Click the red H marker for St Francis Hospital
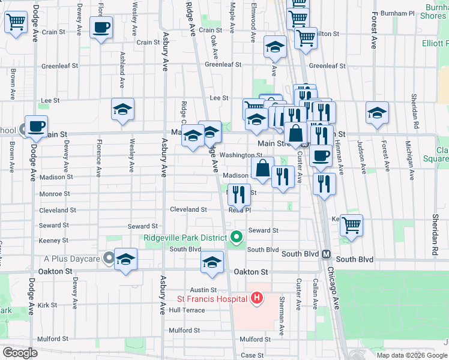pos(257,298)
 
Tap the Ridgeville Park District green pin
pos(237,237)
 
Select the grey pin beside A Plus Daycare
pos(109,259)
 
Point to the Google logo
pos(20,353)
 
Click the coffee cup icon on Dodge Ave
pos(36,127)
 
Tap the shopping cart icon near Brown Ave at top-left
pos(16,23)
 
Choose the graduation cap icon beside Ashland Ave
pos(122,110)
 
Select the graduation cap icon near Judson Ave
pos(378,113)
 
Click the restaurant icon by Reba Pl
pos(240,194)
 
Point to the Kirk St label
pos(47,305)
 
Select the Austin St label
pos(203,289)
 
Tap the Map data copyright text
pos(411,355)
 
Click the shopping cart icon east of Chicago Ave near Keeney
pos(352,225)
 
